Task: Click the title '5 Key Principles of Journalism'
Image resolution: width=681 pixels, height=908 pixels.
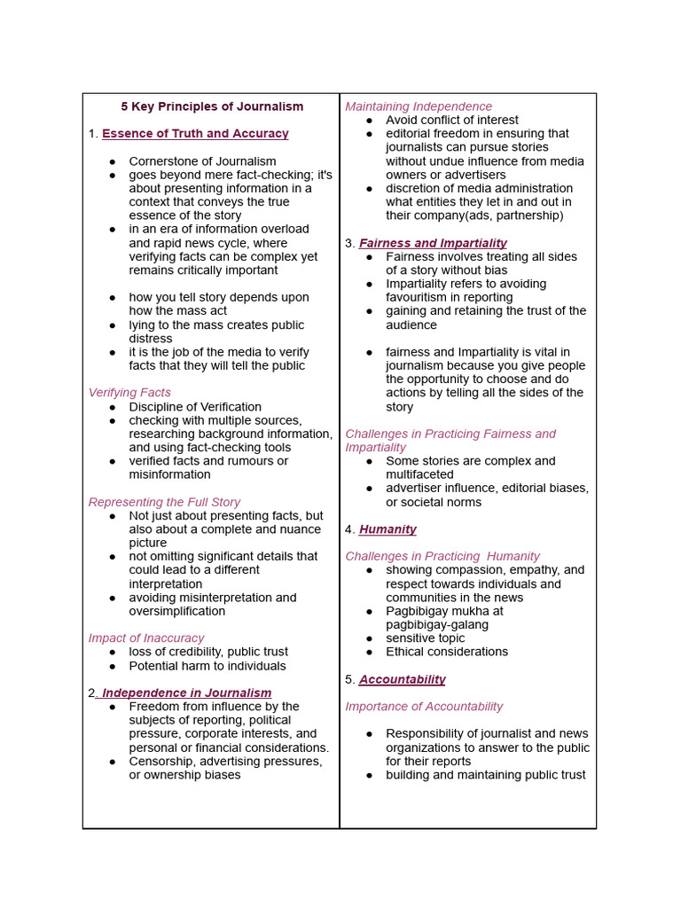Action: click(x=212, y=106)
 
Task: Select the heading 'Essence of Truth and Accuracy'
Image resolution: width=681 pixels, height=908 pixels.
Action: click(x=195, y=134)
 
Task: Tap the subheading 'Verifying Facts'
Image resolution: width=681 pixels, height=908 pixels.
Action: click(x=129, y=393)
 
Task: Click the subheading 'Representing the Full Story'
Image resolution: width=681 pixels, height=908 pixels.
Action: click(x=164, y=502)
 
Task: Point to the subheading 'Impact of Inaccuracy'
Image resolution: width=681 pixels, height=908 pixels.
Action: click(x=146, y=638)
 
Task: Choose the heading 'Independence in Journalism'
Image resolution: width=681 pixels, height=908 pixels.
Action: click(x=187, y=693)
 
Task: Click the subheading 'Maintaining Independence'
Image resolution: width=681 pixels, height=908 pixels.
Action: click(x=419, y=106)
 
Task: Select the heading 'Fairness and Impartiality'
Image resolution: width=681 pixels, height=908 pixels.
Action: click(x=433, y=243)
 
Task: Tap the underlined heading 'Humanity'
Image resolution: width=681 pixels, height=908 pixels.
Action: click(x=387, y=529)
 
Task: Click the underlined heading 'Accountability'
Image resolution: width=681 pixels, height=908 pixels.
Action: click(x=402, y=679)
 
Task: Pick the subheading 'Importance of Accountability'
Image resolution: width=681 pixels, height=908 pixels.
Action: click(x=424, y=707)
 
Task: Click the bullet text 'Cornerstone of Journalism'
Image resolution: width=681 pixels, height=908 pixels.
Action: click(x=202, y=161)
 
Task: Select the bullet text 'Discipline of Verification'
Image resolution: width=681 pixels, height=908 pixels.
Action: click(x=195, y=407)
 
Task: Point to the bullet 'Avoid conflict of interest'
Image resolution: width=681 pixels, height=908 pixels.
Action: click(x=452, y=121)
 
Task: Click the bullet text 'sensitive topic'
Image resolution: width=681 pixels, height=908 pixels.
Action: click(x=426, y=638)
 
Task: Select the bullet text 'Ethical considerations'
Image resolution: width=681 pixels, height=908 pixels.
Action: click(x=447, y=652)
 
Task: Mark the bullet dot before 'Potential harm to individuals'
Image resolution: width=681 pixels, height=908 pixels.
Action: click(x=113, y=666)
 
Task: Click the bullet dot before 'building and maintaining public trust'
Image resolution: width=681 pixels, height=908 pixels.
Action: click(x=369, y=775)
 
